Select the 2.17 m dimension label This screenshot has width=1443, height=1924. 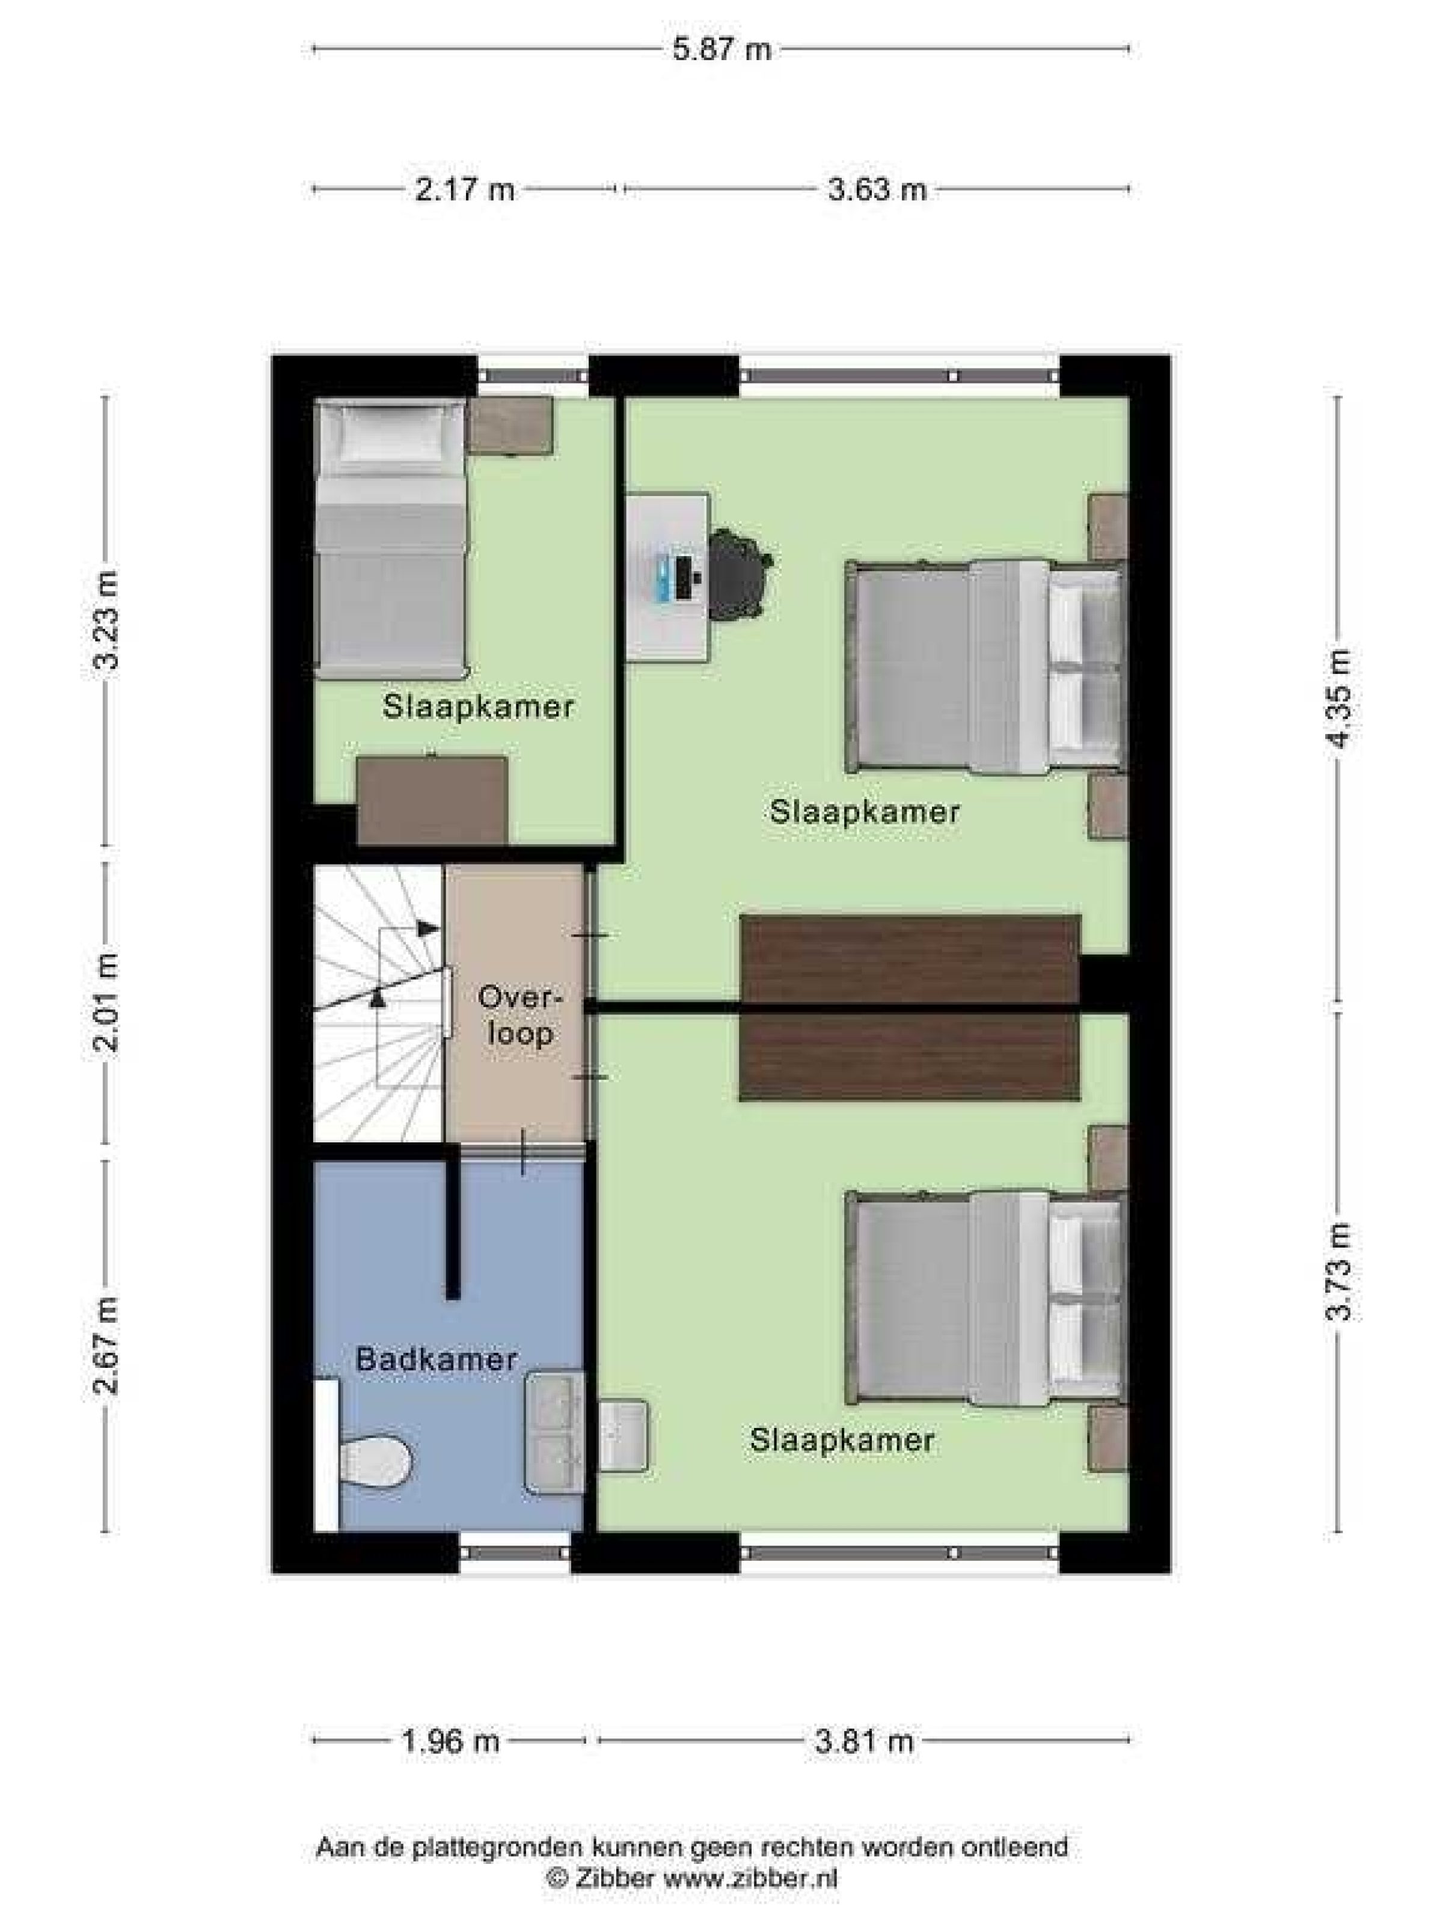pyautogui.click(x=465, y=189)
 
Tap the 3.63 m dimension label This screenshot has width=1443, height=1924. pyautogui.click(x=877, y=189)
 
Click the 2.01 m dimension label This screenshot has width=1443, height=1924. pyautogui.click(x=106, y=1002)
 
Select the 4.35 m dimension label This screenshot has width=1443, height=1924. pyautogui.click(x=1340, y=697)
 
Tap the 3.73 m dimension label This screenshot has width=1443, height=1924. pyautogui.click(x=1340, y=1271)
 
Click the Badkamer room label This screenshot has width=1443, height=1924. pyautogui.click(x=436, y=1359)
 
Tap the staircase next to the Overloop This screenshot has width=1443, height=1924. pyautogui.click(x=380, y=1003)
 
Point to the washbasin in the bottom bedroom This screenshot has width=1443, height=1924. pyautogui.click(x=623, y=1435)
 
